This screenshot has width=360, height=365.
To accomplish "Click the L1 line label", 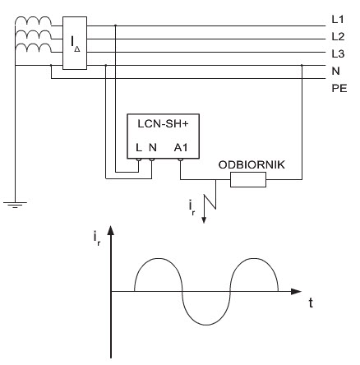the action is [x=338, y=20].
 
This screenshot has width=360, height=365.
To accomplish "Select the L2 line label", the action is [x=338, y=36].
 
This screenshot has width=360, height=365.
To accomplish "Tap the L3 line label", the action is [x=338, y=53].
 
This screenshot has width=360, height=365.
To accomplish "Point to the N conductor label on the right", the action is [x=335, y=71].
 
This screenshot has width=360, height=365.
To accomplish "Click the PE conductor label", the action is [x=339, y=88].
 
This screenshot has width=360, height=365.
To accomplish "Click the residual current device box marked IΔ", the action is [x=75, y=43].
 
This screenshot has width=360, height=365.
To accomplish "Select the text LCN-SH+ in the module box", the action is [x=163, y=124].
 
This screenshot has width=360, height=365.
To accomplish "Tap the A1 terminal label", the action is [x=181, y=148].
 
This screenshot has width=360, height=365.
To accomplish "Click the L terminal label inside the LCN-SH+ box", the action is [x=139, y=148].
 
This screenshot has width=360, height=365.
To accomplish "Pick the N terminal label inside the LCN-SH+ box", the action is [x=153, y=148].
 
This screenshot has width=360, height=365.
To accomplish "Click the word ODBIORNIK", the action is [x=252, y=164].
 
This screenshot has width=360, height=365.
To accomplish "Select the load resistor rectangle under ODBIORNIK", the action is [x=248, y=180].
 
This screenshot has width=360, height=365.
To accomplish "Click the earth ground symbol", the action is [x=15, y=205].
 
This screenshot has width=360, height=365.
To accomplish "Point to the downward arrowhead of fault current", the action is [x=204, y=220].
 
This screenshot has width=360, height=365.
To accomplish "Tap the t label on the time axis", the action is [x=311, y=303].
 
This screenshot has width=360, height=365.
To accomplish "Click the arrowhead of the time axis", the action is [x=296, y=291].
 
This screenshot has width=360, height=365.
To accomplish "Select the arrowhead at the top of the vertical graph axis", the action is [x=111, y=230].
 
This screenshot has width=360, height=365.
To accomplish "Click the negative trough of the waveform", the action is [x=206, y=325].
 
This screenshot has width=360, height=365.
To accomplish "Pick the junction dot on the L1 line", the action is [x=115, y=25].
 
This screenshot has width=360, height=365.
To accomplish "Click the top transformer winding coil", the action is [x=33, y=21].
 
